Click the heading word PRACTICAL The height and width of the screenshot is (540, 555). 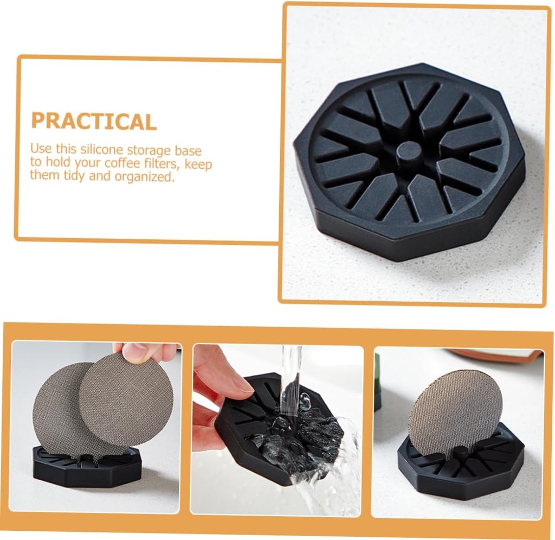click(x=93, y=120)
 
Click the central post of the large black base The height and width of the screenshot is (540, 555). click(x=408, y=151)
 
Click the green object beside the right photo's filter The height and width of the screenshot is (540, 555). click(x=378, y=380)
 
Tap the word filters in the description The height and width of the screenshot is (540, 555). click(x=170, y=163)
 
